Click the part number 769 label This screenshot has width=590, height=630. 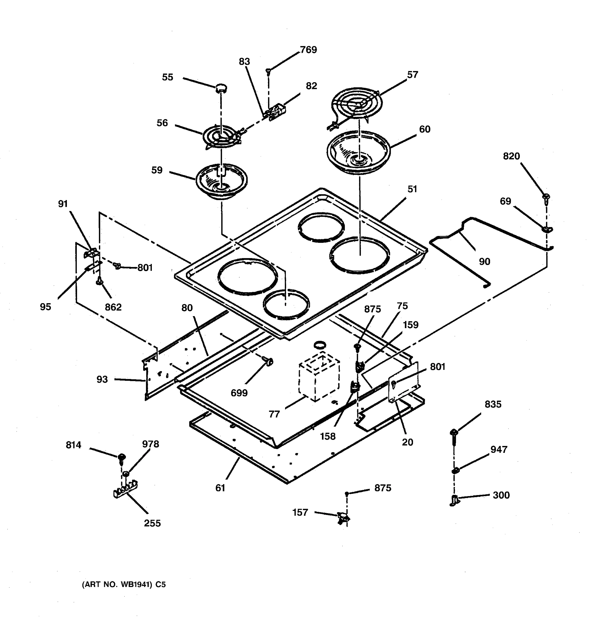pyautogui.click(x=308, y=50)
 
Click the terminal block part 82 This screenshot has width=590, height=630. pyautogui.click(x=277, y=112)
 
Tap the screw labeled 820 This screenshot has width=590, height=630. pyautogui.click(x=546, y=198)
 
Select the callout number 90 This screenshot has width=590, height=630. pyautogui.click(x=484, y=261)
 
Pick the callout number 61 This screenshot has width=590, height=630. pyautogui.click(x=220, y=488)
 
